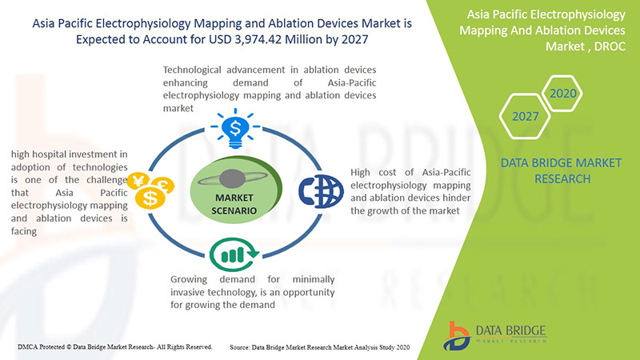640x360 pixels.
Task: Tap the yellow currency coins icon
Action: click(x=150, y=190)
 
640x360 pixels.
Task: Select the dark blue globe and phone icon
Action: click(x=321, y=191)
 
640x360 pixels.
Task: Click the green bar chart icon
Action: click(x=234, y=254)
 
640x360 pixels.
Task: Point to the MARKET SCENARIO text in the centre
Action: click(x=234, y=204)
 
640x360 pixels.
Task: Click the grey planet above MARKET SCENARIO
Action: click(x=233, y=178)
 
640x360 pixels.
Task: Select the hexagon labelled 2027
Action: click(x=525, y=116)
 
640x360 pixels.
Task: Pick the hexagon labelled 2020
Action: click(x=562, y=94)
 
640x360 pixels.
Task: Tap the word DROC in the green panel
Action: click(x=610, y=46)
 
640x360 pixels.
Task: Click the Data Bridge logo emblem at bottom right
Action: click(x=457, y=336)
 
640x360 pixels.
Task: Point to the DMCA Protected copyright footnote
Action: click(x=115, y=347)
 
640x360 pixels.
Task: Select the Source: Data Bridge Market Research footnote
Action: click(x=319, y=347)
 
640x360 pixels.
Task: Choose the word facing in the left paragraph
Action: click(x=24, y=231)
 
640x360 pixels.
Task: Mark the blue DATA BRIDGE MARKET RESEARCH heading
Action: click(x=562, y=170)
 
